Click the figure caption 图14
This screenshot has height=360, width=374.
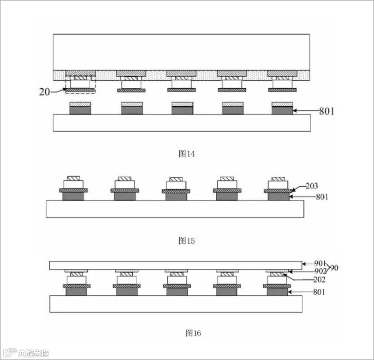[x=186, y=154]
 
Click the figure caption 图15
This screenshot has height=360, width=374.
[x=186, y=241]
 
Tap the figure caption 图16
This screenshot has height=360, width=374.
[x=193, y=333]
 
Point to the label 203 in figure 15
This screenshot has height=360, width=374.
[x=312, y=186]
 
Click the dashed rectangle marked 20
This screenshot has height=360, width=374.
[x=80, y=84]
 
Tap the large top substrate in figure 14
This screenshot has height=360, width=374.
[x=181, y=52]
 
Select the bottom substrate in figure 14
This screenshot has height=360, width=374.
[x=181, y=123]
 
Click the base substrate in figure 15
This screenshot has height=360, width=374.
[x=175, y=209]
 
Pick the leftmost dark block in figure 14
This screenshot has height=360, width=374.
[x=80, y=110]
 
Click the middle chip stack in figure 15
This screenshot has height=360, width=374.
[x=176, y=189]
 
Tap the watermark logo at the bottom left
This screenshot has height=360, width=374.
[x=10, y=352]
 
